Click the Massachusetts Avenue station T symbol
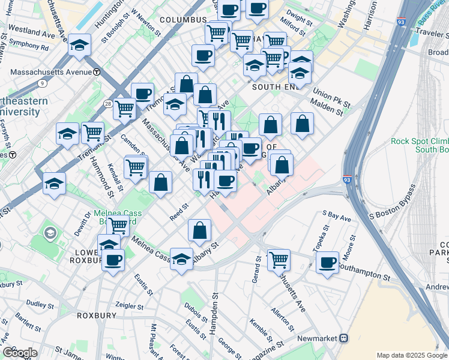tap(97, 72)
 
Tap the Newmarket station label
tap(316, 338)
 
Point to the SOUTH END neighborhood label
tap(275, 87)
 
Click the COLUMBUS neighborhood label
tap(183, 20)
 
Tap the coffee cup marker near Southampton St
tap(328, 263)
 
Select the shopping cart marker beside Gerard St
tap(279, 260)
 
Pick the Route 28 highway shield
tap(107, 104)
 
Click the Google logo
tap(20, 352)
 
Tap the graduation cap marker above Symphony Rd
tap(79, 46)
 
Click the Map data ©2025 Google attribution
tap(411, 355)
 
